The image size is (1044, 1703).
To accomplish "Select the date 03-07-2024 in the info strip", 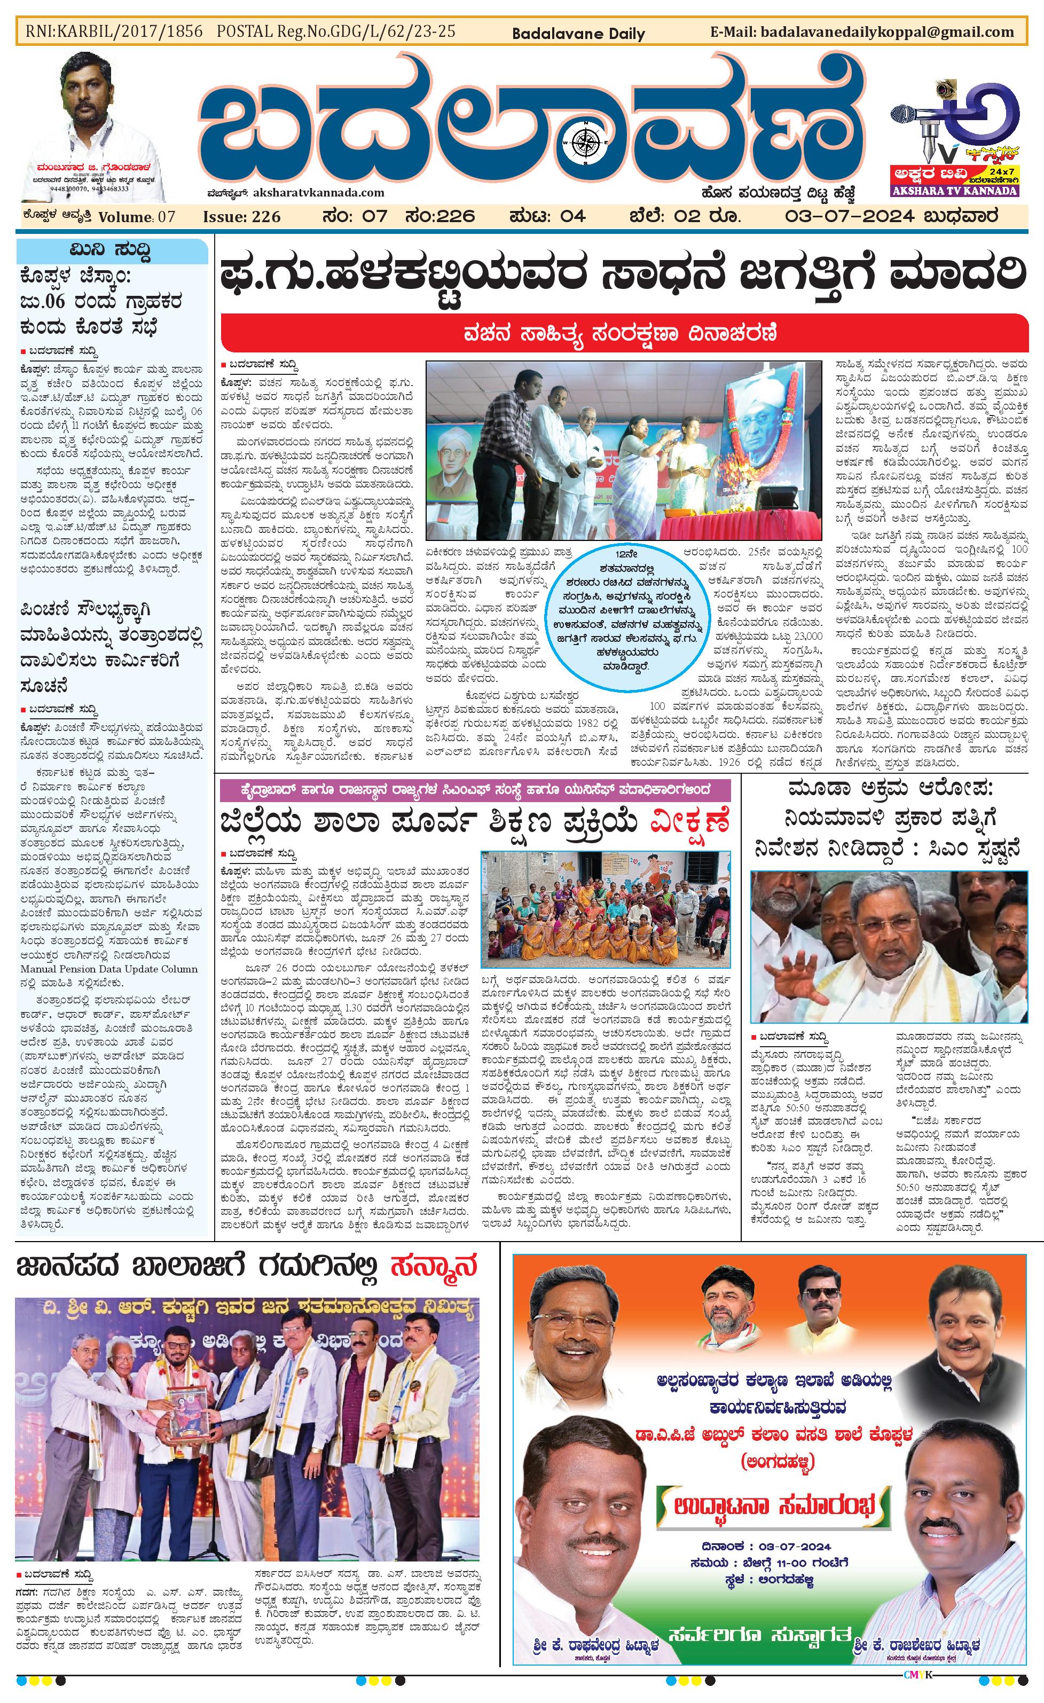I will (850, 216).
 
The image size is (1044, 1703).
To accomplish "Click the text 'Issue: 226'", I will (241, 217).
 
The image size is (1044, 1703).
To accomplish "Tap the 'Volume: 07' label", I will (137, 217).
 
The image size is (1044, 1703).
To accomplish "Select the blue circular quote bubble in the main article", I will (625, 613).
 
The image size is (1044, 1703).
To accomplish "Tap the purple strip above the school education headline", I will (475, 790).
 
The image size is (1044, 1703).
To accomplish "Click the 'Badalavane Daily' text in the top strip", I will (578, 33).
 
